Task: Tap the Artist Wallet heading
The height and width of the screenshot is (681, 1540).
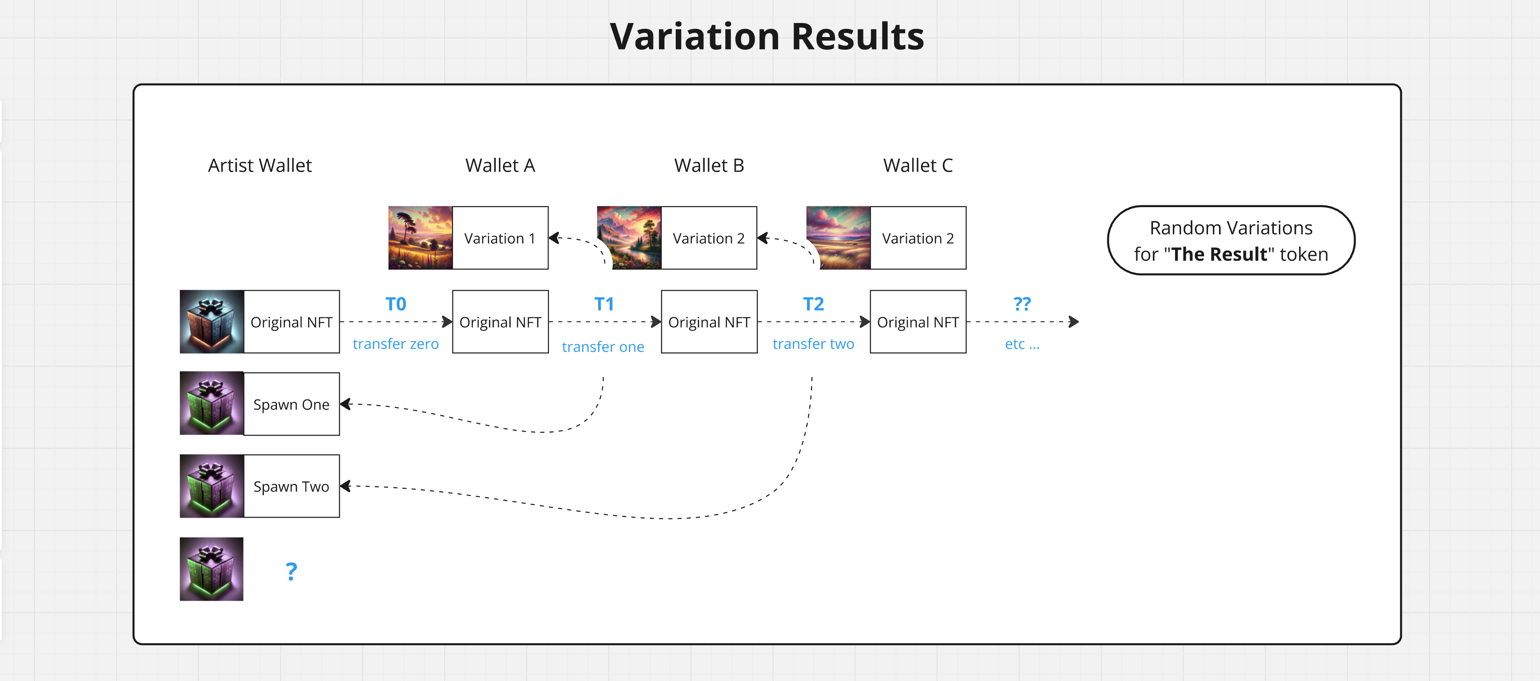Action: (259, 165)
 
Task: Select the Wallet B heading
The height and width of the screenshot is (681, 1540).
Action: (709, 165)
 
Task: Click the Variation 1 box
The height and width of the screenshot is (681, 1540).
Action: (500, 238)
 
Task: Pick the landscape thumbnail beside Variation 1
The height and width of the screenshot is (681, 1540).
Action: (420, 238)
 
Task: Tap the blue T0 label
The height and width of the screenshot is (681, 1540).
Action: (396, 304)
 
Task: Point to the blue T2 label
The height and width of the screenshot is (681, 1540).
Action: (813, 304)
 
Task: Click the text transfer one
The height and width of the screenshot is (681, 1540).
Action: (603, 347)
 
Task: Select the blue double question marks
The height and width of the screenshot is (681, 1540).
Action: (1022, 304)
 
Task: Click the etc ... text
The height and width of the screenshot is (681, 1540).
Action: (1022, 344)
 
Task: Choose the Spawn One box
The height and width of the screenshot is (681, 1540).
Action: (291, 404)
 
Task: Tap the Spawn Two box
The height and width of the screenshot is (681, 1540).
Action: (291, 486)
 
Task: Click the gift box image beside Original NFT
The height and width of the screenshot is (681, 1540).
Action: (212, 322)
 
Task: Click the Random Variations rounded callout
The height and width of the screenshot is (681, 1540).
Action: (1231, 241)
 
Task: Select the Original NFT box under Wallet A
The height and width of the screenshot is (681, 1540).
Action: (500, 322)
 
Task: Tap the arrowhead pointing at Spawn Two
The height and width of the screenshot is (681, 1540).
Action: (346, 486)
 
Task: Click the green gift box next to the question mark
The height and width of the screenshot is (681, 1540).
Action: (212, 569)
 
